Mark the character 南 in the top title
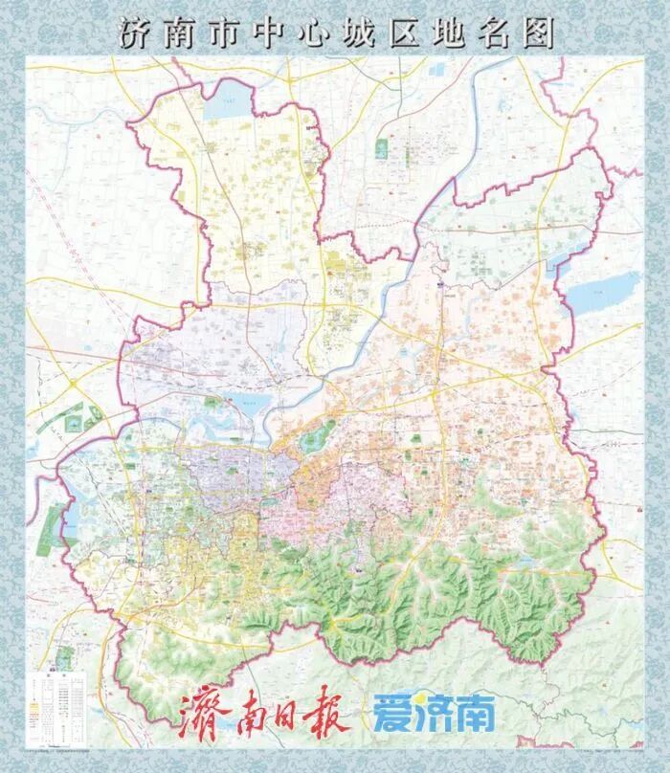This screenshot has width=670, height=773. point(185,33)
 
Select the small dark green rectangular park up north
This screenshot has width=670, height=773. point(382,148)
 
